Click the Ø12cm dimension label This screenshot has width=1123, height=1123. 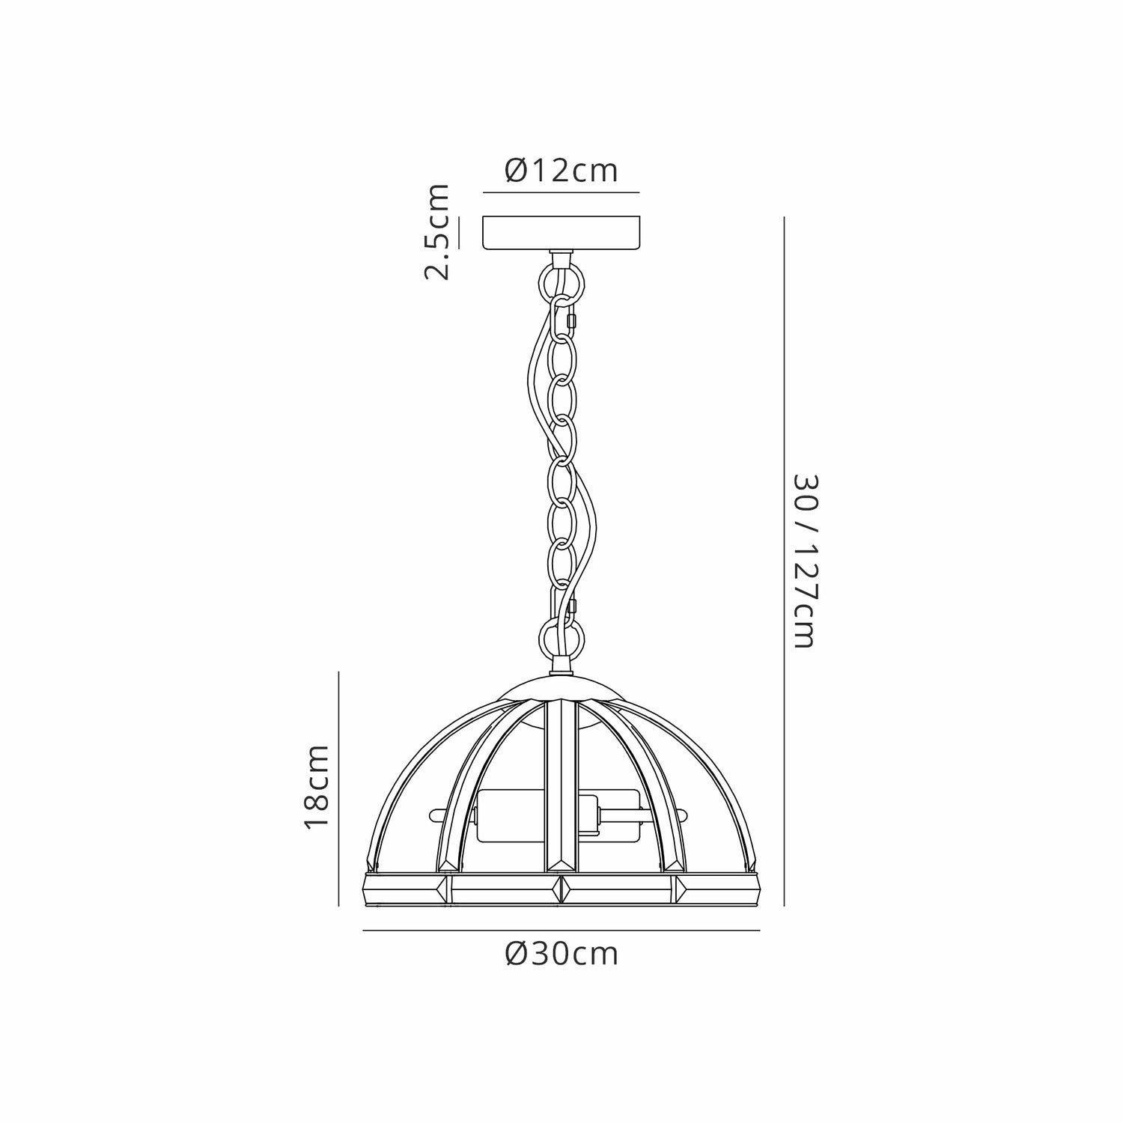click(x=561, y=171)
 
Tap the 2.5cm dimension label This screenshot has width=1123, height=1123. click(x=437, y=231)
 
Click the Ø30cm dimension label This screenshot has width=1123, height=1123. click(x=561, y=955)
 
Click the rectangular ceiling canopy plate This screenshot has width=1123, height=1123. click(x=561, y=233)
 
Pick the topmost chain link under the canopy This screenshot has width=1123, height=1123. click(x=561, y=281)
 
